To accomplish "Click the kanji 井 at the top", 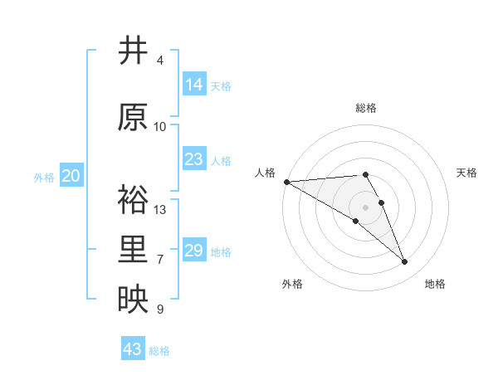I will pos(134,51).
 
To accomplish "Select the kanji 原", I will pos(134,118).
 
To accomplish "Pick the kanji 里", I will pos(134,250).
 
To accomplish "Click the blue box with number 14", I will pos(194,85).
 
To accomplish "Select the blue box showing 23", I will pos(194,159).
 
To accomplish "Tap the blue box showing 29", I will pos(194,251).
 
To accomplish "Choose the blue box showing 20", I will pos(71,176).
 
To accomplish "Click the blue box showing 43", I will pos(133,349).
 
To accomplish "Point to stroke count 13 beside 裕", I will pos(160,210).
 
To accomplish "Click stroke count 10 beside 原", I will pos(160,127).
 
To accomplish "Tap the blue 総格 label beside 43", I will pos(159,351).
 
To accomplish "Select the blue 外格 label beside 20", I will pos(44,177).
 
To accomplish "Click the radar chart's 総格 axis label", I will pos(366,108).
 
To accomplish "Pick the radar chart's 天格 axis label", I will pos(467,173).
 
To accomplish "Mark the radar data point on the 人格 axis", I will pos(286,182).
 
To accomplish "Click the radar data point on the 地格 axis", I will pos(404,262).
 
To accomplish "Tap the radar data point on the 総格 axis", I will pos(365,174).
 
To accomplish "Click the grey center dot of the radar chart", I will pos(365,207).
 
